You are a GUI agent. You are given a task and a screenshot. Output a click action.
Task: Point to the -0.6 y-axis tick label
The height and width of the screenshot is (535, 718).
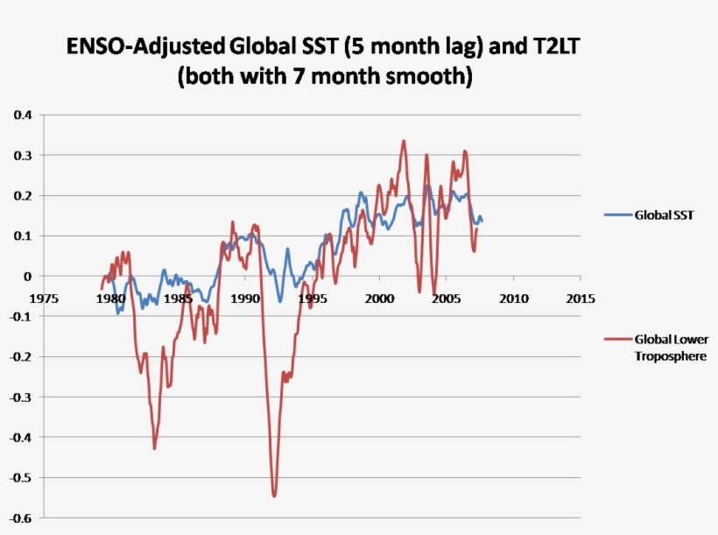coord(21,518)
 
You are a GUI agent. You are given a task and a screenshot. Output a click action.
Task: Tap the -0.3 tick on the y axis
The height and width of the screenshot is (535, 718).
coord(21,398)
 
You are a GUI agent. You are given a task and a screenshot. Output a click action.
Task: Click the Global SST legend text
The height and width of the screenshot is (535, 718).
coord(665,215)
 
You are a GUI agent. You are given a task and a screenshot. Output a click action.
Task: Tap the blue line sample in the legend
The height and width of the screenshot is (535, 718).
coord(617,215)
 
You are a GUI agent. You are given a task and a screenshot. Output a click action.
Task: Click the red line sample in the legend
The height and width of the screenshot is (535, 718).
coord(617,340)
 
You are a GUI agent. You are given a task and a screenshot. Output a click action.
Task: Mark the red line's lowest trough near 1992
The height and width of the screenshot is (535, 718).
coord(274,496)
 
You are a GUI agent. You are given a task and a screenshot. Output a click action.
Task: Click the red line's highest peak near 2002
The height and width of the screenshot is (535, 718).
coord(404,141)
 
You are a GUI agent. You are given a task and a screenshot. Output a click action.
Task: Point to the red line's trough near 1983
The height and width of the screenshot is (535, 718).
coord(154,448)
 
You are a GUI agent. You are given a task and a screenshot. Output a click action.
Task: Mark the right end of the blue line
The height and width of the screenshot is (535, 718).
coord(482,221)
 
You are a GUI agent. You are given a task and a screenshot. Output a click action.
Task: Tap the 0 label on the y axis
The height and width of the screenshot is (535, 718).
coord(28,277)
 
